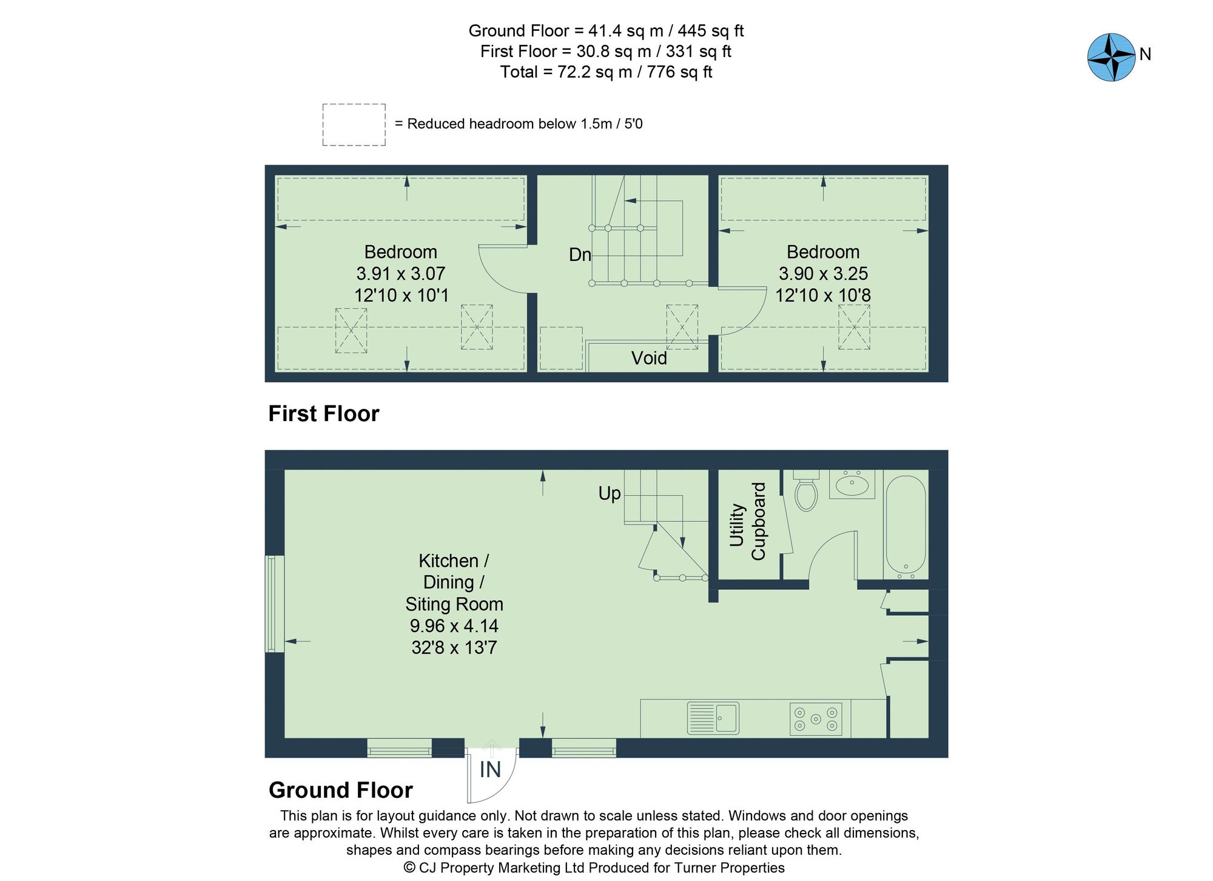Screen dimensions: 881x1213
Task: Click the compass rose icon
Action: coord(1111,57)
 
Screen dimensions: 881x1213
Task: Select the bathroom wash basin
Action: coord(852,485)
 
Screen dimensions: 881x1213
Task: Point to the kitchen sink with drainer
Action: coord(713,718)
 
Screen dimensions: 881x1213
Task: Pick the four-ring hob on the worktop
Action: coord(816,719)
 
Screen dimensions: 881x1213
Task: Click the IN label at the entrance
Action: coord(490,770)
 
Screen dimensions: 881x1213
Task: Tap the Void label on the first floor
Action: coord(648,358)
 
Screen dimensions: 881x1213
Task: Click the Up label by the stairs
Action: coord(610,493)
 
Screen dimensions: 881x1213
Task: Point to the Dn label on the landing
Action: coord(580,255)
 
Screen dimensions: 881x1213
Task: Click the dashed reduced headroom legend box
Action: coord(354,124)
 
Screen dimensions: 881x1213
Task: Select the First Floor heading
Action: coord(323,414)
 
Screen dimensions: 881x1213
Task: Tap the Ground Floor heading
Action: coord(340,790)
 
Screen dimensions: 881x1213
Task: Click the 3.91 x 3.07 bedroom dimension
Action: coord(400,274)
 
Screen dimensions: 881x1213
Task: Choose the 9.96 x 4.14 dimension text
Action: coord(454,626)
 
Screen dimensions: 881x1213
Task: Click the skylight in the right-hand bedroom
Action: coord(854,326)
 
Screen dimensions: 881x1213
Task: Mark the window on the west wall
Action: coord(275,604)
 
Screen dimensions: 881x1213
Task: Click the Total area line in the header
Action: coord(606,72)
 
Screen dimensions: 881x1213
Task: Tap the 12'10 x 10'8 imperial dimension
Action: coord(823,295)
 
